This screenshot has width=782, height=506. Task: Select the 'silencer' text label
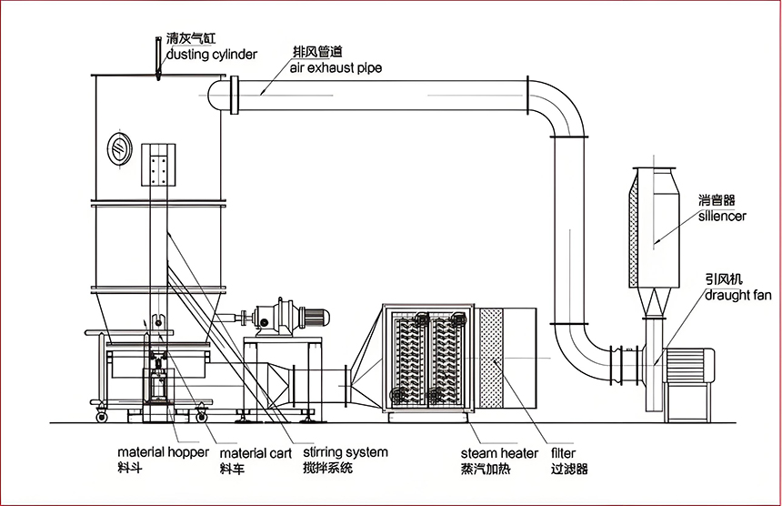pos(722,217)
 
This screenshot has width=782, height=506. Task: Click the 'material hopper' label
pos(164,452)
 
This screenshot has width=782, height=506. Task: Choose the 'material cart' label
pos(256,452)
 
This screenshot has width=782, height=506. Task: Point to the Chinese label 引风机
pos(719,279)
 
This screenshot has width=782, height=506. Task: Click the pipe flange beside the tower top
pos(236,95)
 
